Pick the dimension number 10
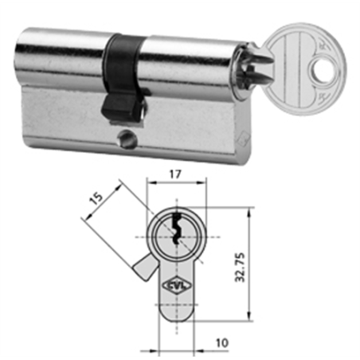click(x=221, y=342)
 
